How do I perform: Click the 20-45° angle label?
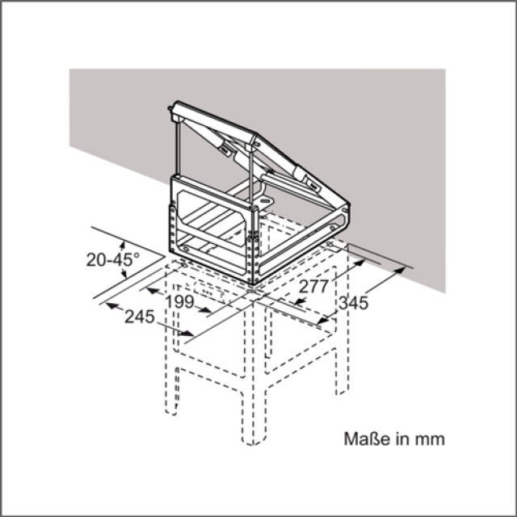click(x=113, y=259)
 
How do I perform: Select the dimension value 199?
click(x=179, y=301)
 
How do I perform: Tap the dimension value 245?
click(x=140, y=317)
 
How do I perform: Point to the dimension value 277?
click(x=314, y=286)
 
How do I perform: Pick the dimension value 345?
click(x=354, y=303)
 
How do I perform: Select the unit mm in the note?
click(x=430, y=439)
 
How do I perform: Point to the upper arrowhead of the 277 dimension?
click(x=359, y=263)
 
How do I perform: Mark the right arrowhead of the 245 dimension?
click(x=187, y=334)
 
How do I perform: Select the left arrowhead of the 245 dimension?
click(x=111, y=305)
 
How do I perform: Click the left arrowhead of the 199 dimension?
click(x=153, y=291)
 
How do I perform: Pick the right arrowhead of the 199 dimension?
click(x=204, y=309)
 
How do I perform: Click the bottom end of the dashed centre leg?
click(x=252, y=444)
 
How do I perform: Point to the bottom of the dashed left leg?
click(x=171, y=413)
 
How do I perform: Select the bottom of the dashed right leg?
click(x=342, y=393)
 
